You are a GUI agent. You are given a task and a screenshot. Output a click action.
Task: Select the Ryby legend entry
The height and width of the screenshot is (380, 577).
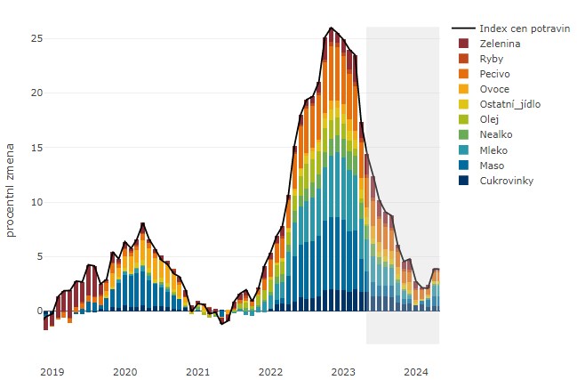point(491,59)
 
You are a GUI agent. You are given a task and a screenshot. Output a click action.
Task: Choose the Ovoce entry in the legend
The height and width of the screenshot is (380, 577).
point(494,89)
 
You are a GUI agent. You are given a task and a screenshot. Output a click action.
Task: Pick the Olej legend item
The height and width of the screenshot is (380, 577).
point(490,119)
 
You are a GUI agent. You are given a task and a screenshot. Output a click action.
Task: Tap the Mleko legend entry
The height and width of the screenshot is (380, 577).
point(494,150)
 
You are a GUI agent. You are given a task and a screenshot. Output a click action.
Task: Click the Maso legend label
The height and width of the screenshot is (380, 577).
point(493,165)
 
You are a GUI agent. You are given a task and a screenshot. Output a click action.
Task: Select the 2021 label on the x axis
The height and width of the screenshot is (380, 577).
point(197,370)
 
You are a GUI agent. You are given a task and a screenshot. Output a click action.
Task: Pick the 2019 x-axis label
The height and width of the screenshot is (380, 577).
point(52,370)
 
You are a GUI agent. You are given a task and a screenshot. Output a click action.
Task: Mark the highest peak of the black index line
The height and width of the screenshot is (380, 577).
point(331,28)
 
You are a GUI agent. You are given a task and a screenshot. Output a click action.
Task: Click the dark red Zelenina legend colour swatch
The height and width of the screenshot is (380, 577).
point(463,44)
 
